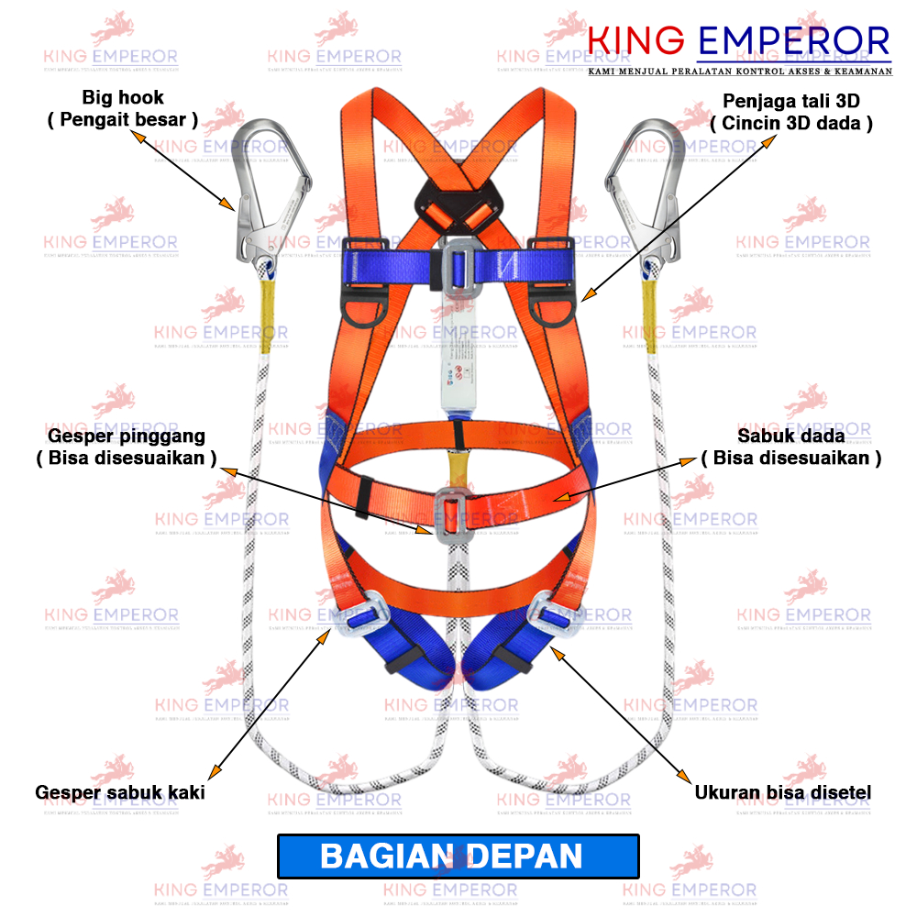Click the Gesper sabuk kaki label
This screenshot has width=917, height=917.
click(x=120, y=792)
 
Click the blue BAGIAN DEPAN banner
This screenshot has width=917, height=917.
click(x=458, y=856)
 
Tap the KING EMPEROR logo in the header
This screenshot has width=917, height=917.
click(x=738, y=42)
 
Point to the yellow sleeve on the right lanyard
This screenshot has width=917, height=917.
click(x=650, y=316)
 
